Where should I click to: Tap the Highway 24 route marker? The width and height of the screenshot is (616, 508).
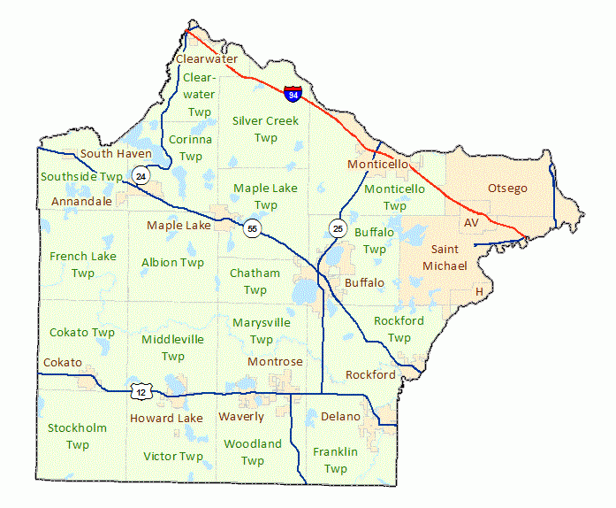tap(141, 176)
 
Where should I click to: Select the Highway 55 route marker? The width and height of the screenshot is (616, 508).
tap(253, 229)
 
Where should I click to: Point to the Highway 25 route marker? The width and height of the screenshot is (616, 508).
tap(338, 228)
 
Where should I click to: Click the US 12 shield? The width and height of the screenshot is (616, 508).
tap(141, 390)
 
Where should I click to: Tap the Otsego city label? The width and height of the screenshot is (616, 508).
tap(507, 189)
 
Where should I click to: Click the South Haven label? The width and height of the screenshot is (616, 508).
tap(116, 153)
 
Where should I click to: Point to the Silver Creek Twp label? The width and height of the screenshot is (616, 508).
tap(265, 128)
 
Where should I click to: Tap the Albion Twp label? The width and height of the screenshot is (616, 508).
tap(172, 262)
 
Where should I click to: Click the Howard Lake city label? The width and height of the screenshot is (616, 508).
tap(166, 418)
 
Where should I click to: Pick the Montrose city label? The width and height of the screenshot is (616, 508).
tap(275, 361)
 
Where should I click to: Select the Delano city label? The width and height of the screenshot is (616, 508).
tap(340, 416)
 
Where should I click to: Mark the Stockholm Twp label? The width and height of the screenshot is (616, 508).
tap(78, 435)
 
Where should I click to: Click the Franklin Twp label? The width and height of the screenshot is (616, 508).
tap(335, 459)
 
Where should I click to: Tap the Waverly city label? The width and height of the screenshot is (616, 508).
tap(241, 416)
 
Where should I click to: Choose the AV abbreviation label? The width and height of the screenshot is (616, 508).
tap(471, 223)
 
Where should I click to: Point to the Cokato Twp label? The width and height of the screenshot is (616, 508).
tap(82, 332)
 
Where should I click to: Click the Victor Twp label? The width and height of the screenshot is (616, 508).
tap(173, 457)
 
